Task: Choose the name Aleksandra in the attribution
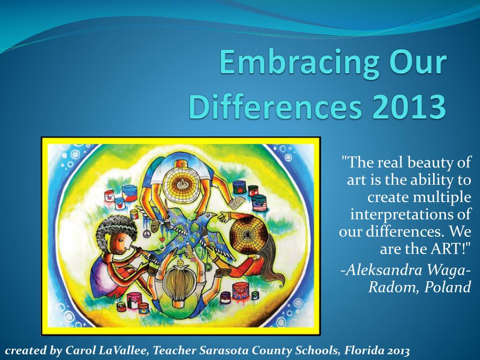click(x=385, y=270)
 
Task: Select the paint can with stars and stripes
click(x=258, y=203)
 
